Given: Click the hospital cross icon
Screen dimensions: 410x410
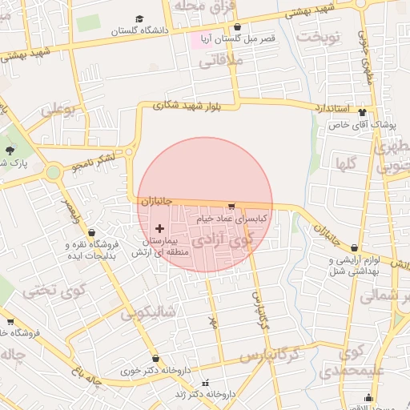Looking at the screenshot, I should pos(159,229).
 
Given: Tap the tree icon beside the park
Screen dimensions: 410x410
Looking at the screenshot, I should pos(10,150).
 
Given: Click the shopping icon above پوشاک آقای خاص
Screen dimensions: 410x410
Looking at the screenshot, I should pos(362,113).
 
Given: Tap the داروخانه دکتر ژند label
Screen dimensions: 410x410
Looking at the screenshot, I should pos(207,394).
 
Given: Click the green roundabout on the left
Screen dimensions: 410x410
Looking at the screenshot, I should pos(53,172).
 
